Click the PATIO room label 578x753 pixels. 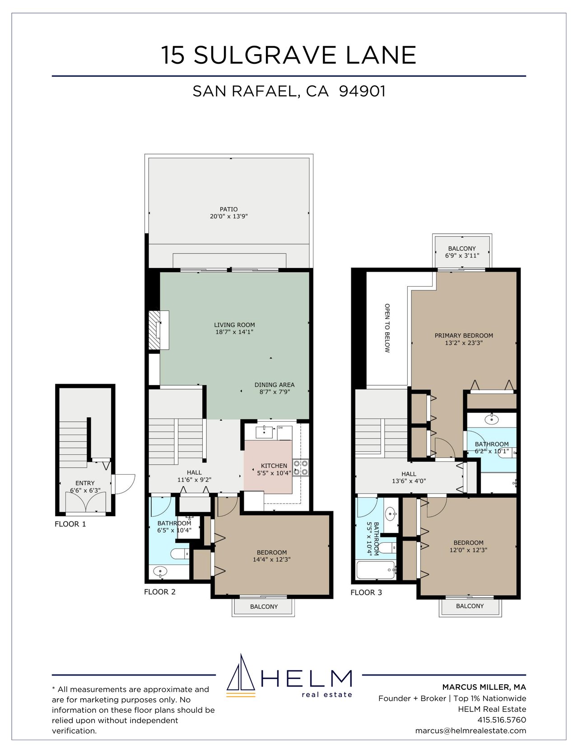[x=228, y=209]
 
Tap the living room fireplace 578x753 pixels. [x=155, y=330]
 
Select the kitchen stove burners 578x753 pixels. [x=300, y=467]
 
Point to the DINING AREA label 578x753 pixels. [x=275, y=385]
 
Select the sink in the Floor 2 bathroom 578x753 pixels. [x=160, y=571]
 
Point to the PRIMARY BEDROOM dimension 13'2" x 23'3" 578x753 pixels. [x=464, y=343]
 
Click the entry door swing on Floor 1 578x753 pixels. [x=123, y=484]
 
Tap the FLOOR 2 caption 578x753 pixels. [x=160, y=592]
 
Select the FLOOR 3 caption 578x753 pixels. [x=366, y=592]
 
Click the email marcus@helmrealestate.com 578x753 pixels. [x=471, y=730]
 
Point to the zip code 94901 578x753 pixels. [x=362, y=91]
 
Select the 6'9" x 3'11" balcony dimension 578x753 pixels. [x=462, y=255]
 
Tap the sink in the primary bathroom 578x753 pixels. [x=492, y=419]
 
